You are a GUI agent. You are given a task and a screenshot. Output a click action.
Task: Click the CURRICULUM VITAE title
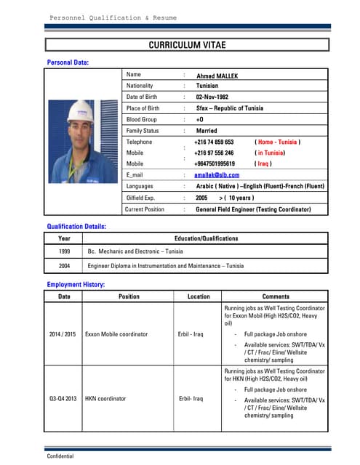(187, 45)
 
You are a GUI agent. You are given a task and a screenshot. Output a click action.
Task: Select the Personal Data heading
(68, 63)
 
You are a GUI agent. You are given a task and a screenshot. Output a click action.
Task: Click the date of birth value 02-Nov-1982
(212, 97)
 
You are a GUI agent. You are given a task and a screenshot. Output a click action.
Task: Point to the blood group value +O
(200, 119)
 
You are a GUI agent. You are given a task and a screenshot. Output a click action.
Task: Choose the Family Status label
(143, 131)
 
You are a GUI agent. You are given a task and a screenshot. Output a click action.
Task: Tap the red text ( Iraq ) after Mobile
(263, 164)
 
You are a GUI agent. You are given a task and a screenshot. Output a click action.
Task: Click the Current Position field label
(145, 209)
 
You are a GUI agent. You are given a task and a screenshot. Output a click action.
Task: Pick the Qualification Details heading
(76, 227)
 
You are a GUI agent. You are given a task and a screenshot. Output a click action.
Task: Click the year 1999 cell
(64, 251)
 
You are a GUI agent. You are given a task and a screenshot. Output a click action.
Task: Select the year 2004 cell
(64, 266)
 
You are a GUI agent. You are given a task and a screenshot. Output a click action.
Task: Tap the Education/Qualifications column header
(206, 238)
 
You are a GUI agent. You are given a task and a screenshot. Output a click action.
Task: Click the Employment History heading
(76, 285)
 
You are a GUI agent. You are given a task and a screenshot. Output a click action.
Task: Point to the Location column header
(198, 296)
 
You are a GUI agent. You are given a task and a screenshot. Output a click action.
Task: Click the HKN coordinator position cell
(105, 399)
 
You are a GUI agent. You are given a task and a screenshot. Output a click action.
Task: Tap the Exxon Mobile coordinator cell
(116, 334)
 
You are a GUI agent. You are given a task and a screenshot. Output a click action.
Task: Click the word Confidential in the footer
(60, 457)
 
